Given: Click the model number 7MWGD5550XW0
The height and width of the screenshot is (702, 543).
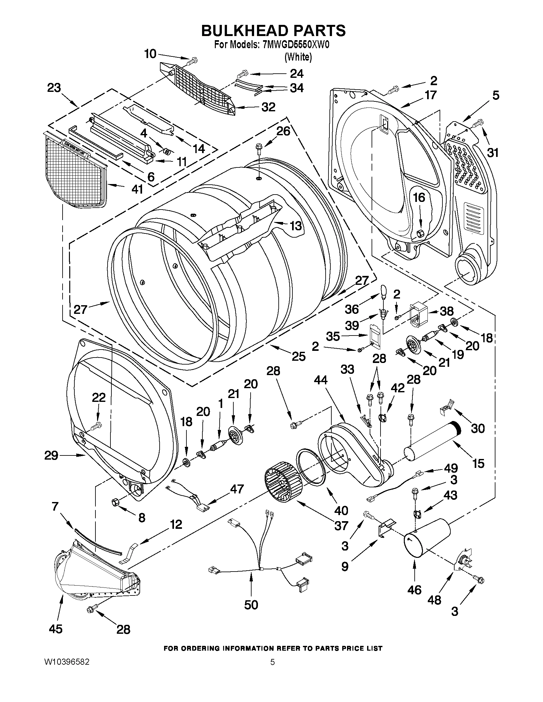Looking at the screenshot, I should click(x=296, y=45).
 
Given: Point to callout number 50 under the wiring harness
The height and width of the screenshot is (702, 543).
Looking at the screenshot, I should click(x=251, y=605).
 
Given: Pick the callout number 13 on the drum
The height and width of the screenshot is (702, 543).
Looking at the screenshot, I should click(x=296, y=226).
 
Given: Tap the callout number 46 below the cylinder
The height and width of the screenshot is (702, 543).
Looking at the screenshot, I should click(x=414, y=590).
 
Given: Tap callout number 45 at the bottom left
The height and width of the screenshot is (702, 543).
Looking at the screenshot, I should click(x=55, y=629).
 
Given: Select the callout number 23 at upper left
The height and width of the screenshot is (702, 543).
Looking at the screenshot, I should click(x=54, y=88).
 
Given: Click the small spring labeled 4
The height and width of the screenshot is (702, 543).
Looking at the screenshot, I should click(x=166, y=151).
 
